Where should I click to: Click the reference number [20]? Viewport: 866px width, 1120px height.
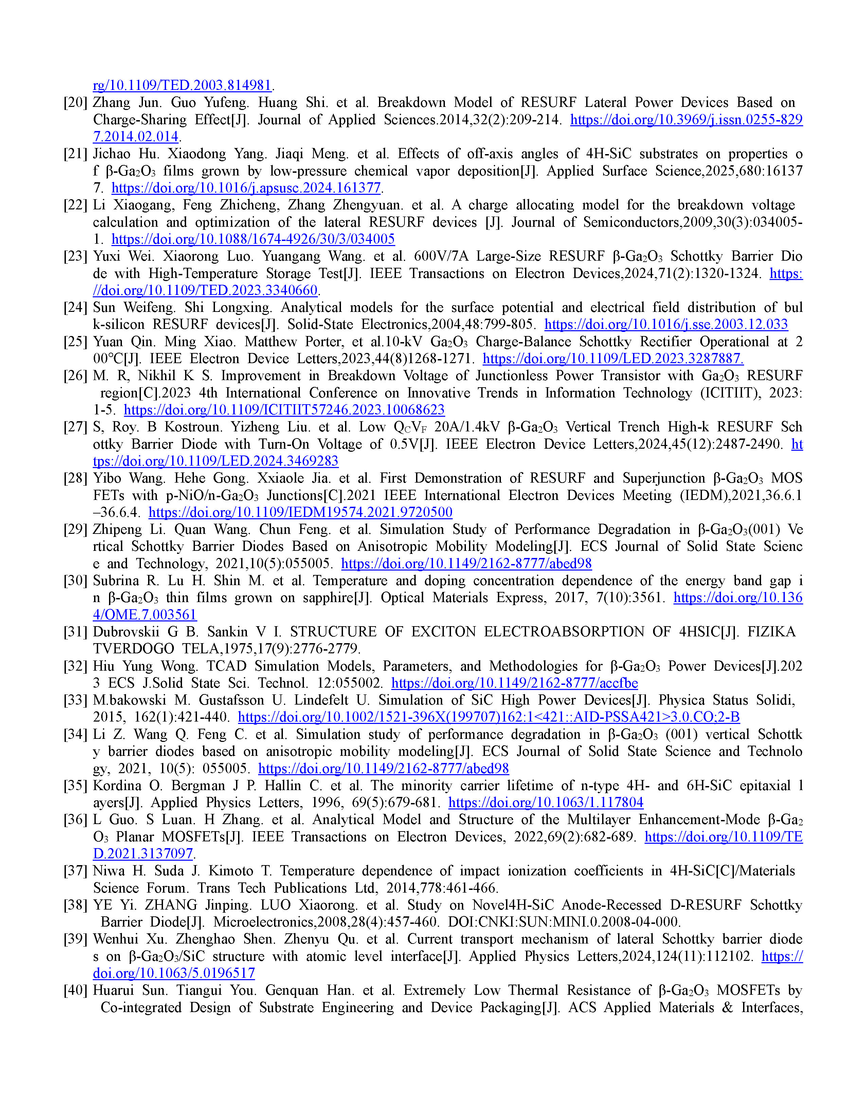(75, 102)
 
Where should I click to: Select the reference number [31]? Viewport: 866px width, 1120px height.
(75, 632)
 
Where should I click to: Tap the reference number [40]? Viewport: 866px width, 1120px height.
(75, 990)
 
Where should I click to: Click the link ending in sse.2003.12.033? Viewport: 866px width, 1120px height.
(666, 324)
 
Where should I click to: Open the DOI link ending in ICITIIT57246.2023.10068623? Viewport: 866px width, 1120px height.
(284, 410)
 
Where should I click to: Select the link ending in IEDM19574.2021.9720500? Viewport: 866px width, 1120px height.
(300, 512)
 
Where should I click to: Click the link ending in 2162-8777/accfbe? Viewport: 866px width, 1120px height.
(515, 683)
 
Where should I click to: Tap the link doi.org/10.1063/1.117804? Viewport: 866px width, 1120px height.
(546, 803)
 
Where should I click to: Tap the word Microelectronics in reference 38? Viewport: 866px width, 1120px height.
(265, 922)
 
